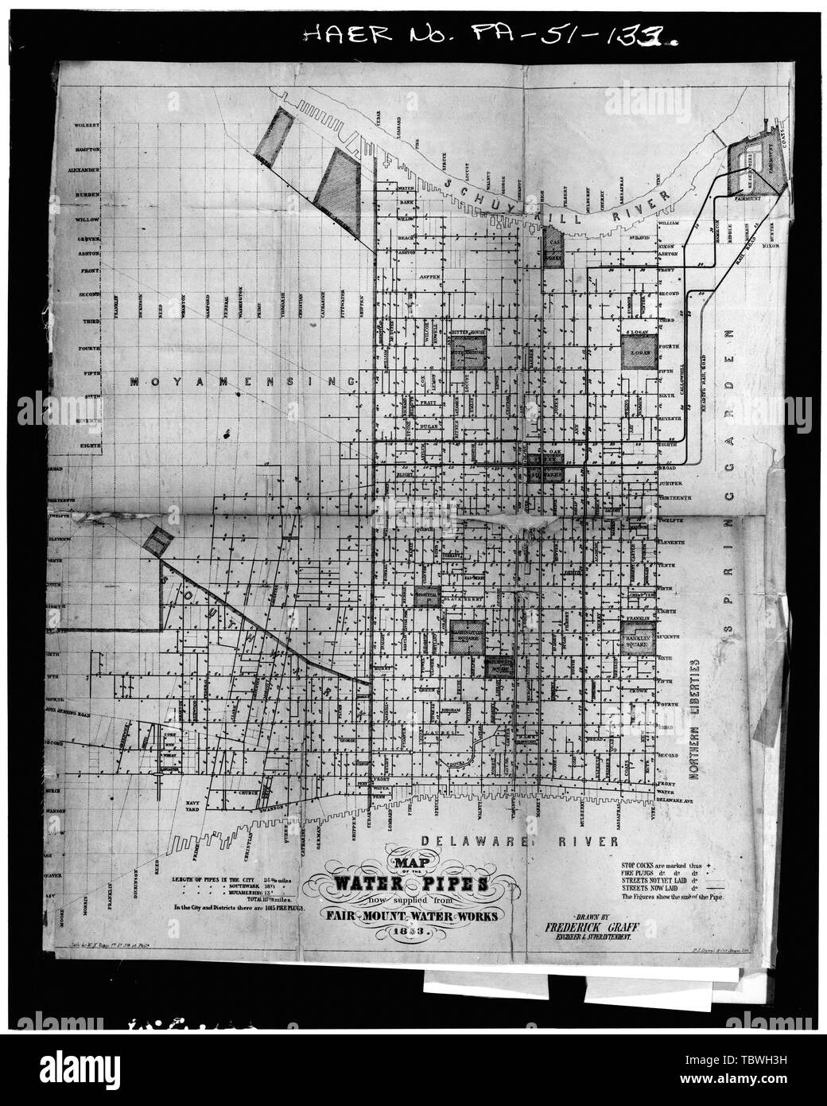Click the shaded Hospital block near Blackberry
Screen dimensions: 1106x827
428,597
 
